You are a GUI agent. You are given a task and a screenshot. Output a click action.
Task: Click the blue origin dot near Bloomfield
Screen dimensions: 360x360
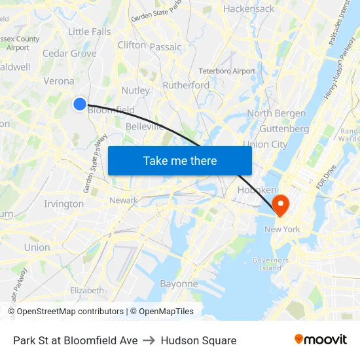(79, 103)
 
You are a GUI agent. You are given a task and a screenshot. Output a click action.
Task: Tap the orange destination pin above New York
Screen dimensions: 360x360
(280, 204)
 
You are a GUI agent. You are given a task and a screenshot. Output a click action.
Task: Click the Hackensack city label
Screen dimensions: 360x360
(249, 9)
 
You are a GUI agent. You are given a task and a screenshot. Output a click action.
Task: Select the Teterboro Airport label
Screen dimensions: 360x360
(227, 71)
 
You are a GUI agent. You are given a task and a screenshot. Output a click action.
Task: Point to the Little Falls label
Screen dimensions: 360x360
(90, 31)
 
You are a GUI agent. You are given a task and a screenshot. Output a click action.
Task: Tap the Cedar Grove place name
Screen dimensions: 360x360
(69, 54)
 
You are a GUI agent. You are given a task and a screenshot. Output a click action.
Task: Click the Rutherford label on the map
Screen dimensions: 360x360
(186, 85)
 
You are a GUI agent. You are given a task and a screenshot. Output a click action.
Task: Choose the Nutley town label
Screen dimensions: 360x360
(135, 90)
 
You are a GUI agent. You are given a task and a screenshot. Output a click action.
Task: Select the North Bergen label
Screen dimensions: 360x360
(276, 113)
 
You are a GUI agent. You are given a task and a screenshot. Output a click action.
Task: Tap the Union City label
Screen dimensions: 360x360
(265, 144)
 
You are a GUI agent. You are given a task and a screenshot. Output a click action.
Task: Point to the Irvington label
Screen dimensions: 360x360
(63, 204)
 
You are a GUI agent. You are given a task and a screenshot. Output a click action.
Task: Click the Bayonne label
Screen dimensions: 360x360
(179, 284)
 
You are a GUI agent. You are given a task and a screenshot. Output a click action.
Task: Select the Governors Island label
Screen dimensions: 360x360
(270, 264)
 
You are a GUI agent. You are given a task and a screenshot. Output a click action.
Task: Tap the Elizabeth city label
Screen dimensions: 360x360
(87, 290)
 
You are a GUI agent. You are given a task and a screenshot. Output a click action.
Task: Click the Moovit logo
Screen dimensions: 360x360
(321, 340)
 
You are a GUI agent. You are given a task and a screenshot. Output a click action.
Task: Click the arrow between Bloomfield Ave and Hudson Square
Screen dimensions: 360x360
(149, 340)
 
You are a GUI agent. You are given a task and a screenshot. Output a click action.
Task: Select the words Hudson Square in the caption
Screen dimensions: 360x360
(198, 340)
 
